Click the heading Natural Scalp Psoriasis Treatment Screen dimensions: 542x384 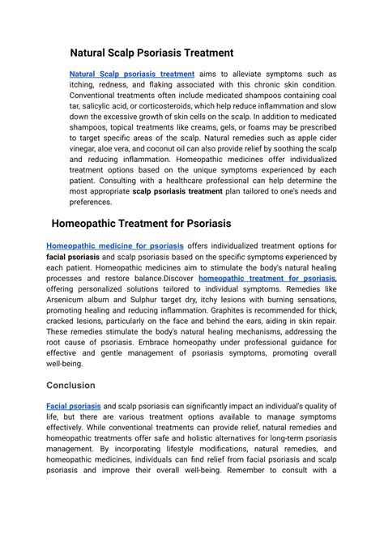tap(151, 53)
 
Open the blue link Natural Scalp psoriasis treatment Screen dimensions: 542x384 tap(132, 74)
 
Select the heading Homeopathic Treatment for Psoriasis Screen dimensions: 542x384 tap(141, 223)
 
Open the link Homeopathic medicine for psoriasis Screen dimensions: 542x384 tap(115, 245)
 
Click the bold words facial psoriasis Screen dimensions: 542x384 tap(74, 257)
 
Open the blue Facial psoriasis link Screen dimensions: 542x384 tap(74, 406)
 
